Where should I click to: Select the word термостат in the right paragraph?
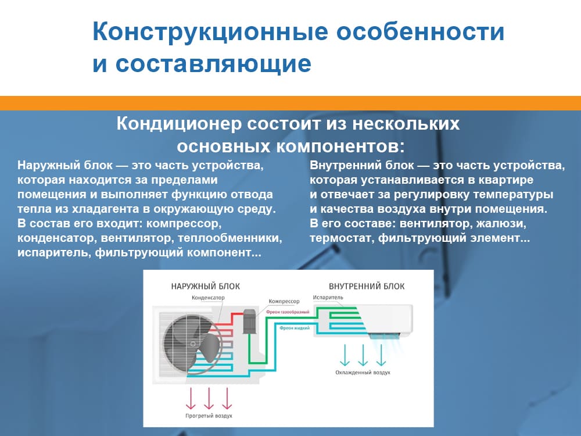tap(336, 238)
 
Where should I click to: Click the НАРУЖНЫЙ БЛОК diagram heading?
tap(205, 286)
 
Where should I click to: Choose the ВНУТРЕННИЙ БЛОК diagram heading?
tap(367, 286)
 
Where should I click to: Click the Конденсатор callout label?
tap(208, 298)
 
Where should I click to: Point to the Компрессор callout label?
tap(284, 301)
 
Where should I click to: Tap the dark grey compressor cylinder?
tap(250, 321)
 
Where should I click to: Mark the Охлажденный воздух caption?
tap(363, 373)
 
